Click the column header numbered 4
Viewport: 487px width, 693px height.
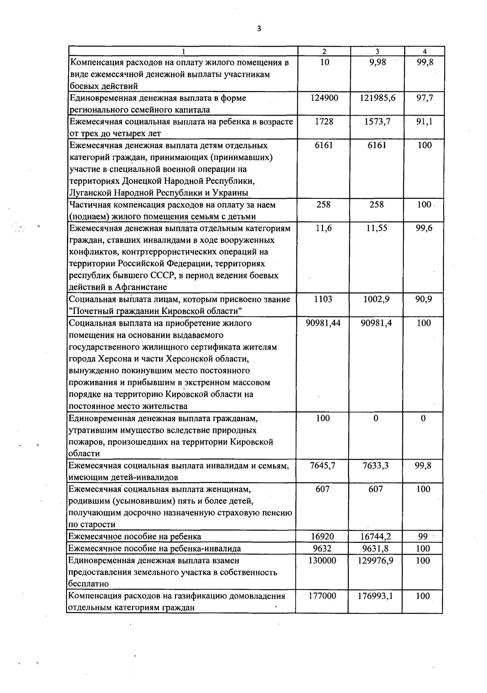(425, 52)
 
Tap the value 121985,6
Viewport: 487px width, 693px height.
(377, 98)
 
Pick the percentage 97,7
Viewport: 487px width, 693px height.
(425, 98)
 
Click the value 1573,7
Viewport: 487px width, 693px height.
(377, 121)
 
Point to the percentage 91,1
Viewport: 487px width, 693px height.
(425, 121)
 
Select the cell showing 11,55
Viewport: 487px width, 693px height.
(377, 228)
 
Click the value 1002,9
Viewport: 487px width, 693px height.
(377, 299)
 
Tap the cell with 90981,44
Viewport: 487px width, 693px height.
(323, 323)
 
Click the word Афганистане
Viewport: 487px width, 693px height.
(141, 287)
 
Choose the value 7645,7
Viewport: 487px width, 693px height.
(323, 465)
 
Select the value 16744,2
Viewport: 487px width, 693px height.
(376, 536)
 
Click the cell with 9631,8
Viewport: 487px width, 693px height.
(376, 548)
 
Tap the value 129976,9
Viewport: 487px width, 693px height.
(376, 560)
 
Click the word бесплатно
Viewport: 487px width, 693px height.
(88, 584)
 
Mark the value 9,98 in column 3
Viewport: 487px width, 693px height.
(377, 62)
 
